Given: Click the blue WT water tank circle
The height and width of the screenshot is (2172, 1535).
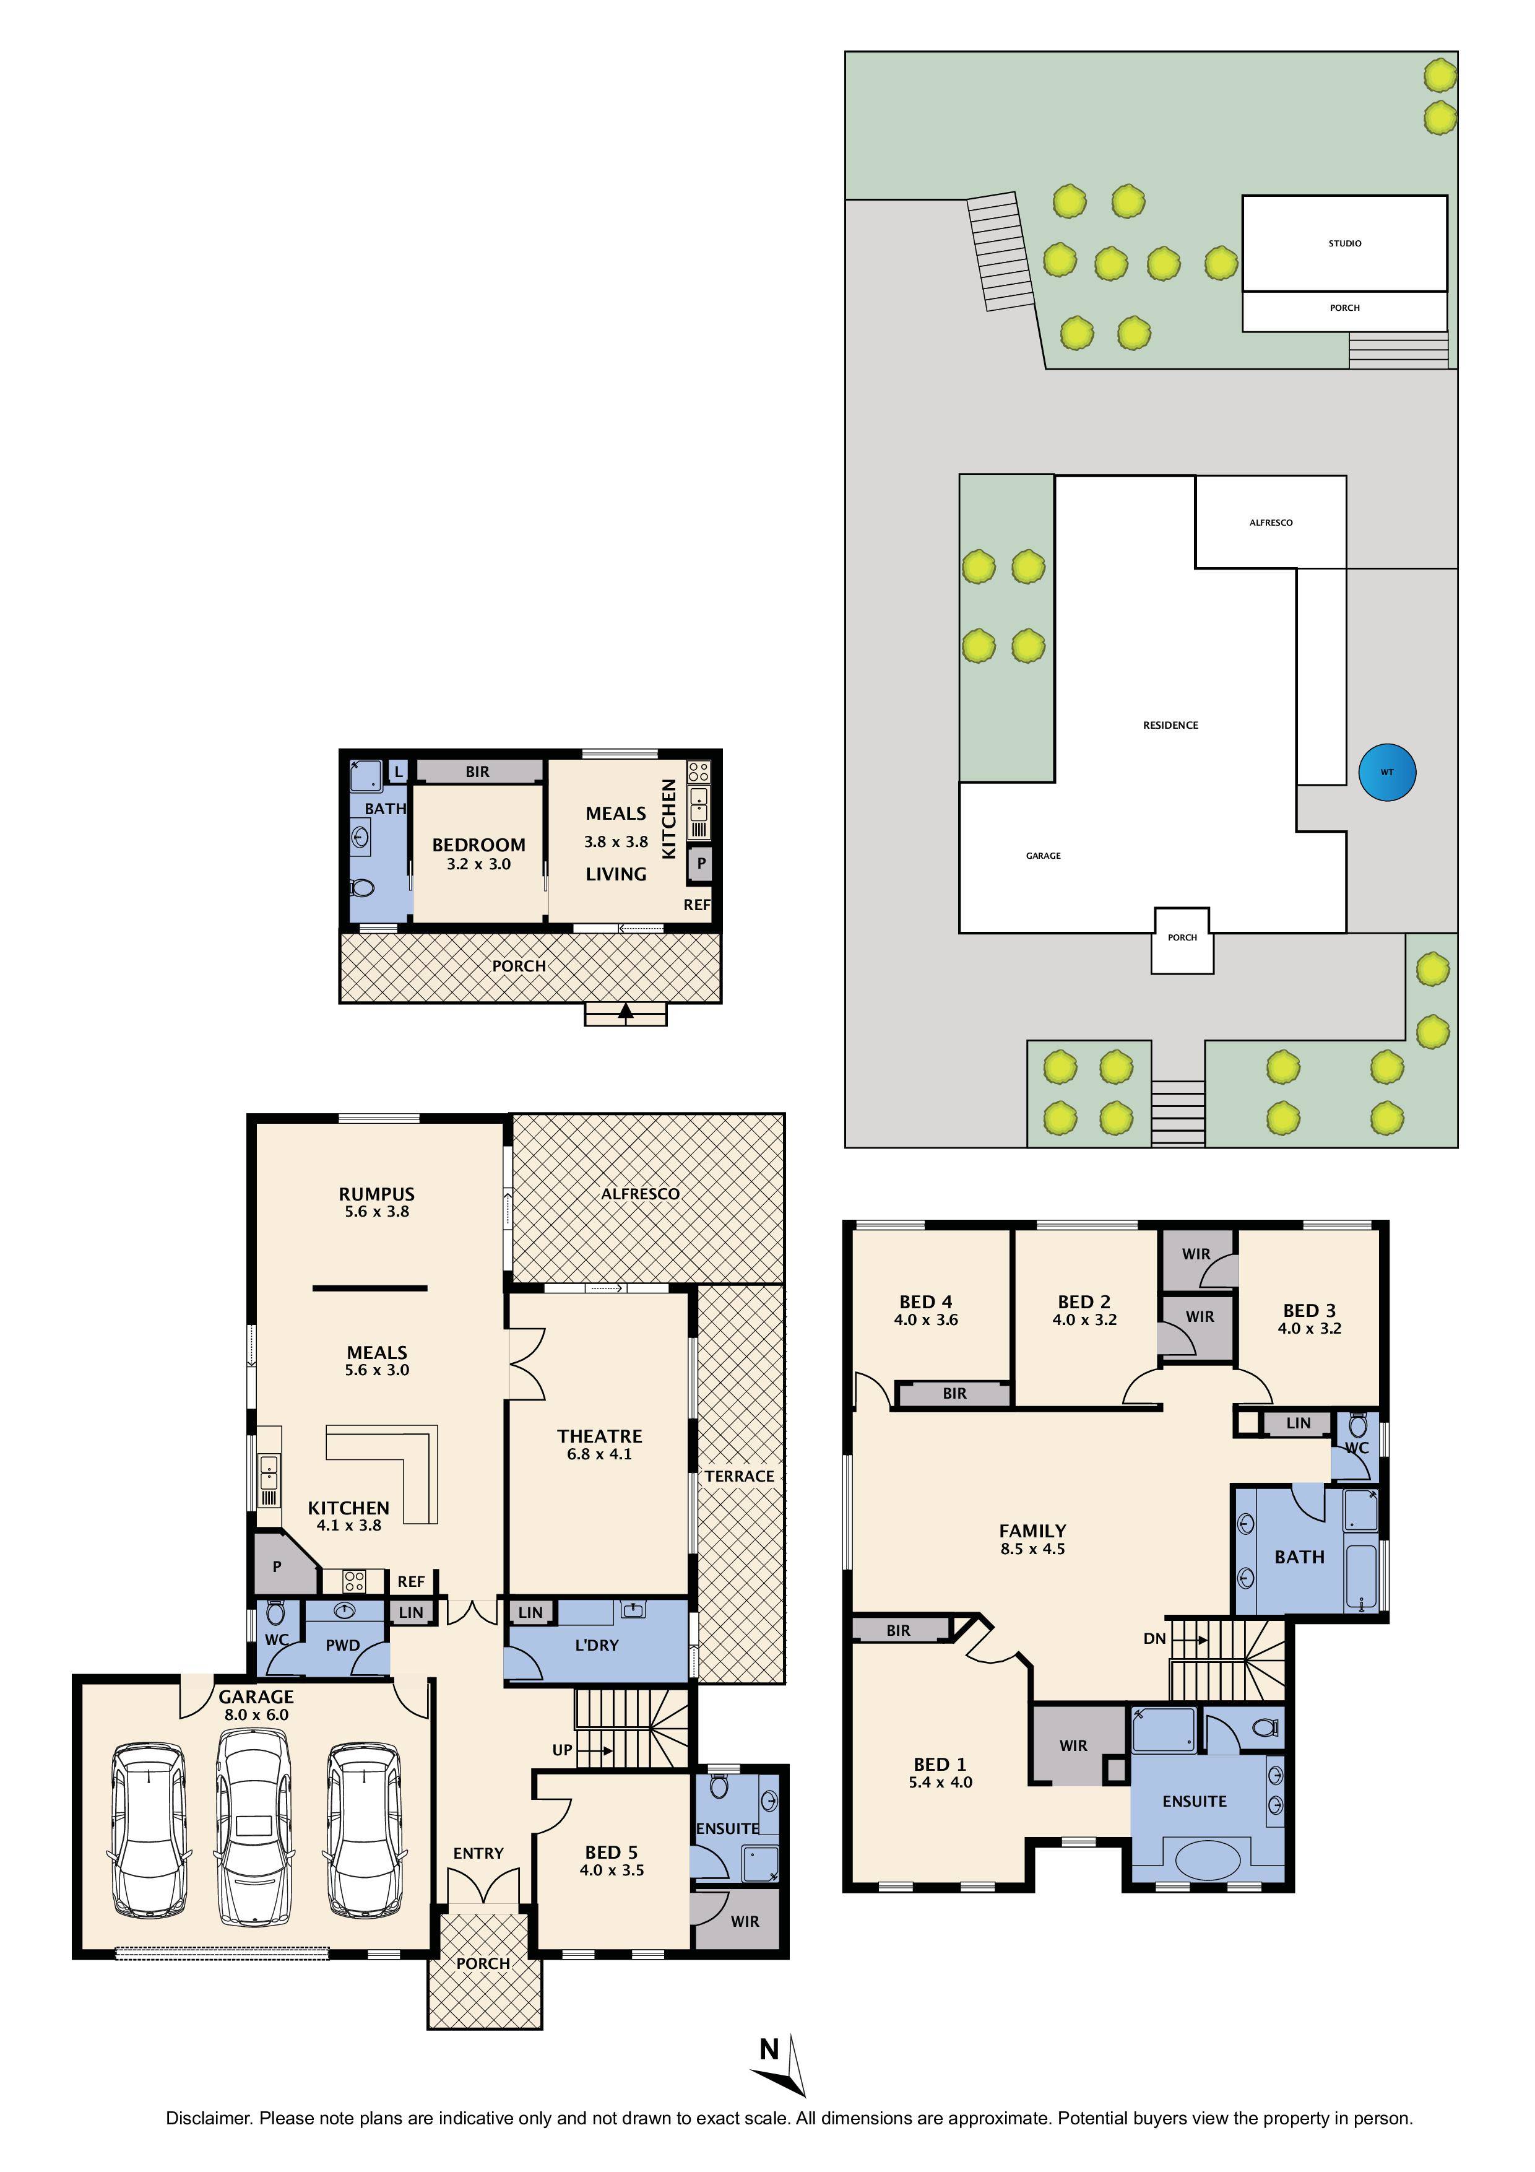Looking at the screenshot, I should click(1386, 772).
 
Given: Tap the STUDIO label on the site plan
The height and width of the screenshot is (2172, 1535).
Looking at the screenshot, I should click(1344, 243).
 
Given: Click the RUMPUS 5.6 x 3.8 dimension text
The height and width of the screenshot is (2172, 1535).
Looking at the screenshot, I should click(376, 1212).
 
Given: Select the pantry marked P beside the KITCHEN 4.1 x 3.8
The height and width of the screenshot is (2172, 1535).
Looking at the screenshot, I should click(277, 1566).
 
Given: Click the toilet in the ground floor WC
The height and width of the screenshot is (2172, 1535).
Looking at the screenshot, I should click(276, 1612).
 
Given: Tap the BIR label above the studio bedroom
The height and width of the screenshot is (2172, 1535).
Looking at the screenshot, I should click(478, 772).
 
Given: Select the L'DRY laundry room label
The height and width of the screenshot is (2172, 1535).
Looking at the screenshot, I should click(596, 1645).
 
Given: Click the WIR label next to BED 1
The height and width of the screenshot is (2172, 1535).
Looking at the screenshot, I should click(1073, 1745).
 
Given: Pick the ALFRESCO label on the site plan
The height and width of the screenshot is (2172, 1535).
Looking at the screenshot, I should click(1270, 522).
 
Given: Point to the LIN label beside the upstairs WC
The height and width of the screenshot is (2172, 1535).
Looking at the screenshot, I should click(1297, 1423).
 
